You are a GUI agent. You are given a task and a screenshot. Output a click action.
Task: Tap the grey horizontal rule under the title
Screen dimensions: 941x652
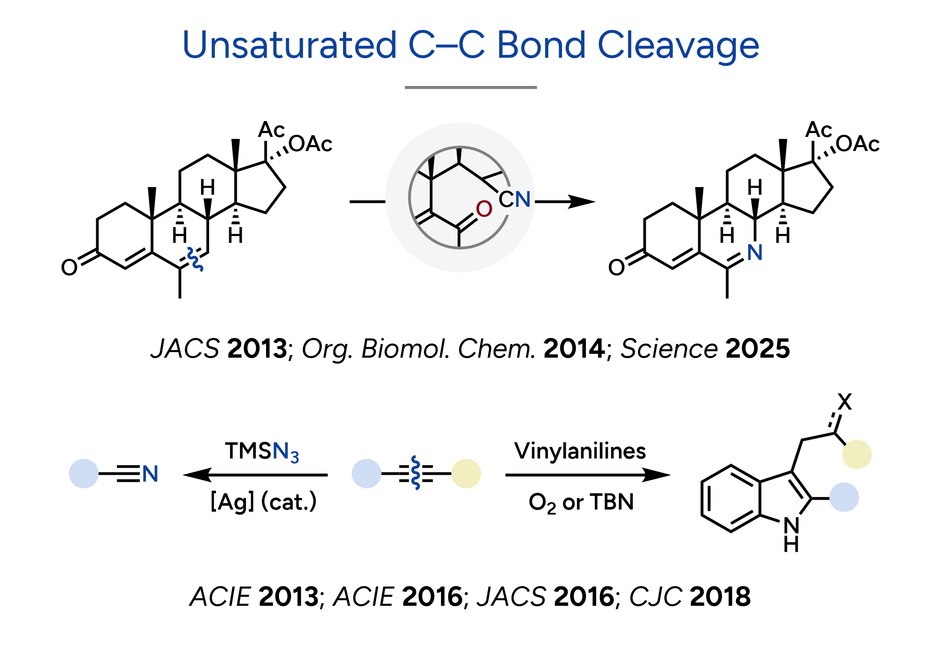(470, 87)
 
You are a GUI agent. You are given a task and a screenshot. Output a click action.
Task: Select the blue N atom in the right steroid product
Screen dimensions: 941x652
(755, 252)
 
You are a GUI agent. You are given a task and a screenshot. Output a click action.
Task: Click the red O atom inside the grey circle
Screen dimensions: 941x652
(484, 209)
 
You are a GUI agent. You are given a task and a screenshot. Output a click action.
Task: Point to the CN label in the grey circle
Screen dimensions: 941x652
(515, 199)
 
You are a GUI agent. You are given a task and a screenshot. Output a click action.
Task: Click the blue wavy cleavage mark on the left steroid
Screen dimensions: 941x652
(195, 259)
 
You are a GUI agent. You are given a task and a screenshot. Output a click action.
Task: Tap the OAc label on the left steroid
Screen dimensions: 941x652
(311, 144)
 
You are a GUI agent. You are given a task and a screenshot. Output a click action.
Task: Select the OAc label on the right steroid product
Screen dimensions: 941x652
(858, 144)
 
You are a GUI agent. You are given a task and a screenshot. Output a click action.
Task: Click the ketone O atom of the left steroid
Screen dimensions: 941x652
(69, 267)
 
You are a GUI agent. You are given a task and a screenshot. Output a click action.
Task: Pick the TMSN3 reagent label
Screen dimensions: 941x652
(262, 452)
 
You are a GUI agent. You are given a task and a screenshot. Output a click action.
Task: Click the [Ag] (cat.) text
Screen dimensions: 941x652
(263, 502)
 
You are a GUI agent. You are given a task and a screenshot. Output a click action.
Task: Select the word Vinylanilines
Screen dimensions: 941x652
(580, 451)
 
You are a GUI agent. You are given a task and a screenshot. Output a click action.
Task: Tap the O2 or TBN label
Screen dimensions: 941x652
(581, 503)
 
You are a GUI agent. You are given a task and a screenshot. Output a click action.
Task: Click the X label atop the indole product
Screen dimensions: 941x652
(845, 402)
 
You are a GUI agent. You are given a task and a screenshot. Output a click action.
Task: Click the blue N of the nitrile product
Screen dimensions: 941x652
(150, 474)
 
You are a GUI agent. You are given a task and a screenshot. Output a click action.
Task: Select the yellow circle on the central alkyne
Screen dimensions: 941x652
(466, 474)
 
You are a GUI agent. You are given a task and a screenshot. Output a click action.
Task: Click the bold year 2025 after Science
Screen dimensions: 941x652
(758, 348)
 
